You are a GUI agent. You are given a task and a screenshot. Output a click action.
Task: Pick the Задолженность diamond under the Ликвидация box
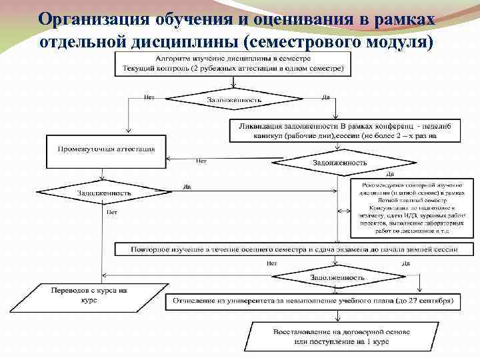coord(339,162)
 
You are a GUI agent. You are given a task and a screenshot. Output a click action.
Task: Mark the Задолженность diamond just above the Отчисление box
coord(337,276)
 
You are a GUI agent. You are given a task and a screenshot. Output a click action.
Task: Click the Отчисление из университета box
coord(313,301)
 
